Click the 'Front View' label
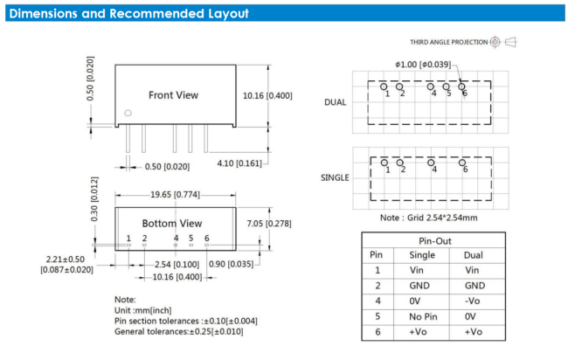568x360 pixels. tap(173, 95)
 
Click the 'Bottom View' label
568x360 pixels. tap(172, 224)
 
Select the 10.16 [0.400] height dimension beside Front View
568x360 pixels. tap(267, 95)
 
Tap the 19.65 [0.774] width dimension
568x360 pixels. tap(175, 195)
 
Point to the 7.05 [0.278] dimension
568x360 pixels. tap(269, 224)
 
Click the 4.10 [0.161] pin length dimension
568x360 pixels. tap(239, 163)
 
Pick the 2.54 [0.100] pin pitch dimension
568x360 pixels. tap(177, 265)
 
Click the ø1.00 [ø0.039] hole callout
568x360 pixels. tap(423, 65)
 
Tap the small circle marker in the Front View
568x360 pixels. tap(128, 113)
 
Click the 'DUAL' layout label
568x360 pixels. tap(335, 102)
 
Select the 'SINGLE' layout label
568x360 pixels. tap(335, 178)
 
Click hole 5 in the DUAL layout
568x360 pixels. tap(446, 87)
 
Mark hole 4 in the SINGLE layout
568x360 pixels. tap(431, 163)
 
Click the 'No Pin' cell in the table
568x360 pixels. tap(423, 316)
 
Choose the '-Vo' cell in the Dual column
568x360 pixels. tap(473, 301)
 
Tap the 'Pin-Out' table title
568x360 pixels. tap(435, 241)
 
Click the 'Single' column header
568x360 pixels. tap(422, 255)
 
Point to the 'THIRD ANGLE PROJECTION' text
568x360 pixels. tap(449, 42)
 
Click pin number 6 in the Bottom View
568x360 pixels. tap(206, 238)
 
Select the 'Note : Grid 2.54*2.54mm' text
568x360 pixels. tap(428, 218)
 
